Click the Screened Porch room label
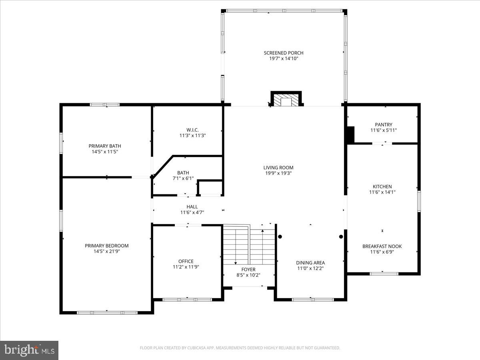[284, 53]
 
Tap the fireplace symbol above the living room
[286, 100]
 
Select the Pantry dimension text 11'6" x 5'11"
[384, 130]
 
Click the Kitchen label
[382, 186]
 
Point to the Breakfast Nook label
[382, 246]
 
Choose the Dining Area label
[310, 263]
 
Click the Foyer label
[248, 270]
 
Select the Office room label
[186, 261]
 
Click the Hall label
[192, 207]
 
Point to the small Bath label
[183, 173]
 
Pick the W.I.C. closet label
[192, 130]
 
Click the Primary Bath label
[105, 146]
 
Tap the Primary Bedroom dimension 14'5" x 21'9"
[106, 251]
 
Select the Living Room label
[278, 168]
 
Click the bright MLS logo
[29, 350]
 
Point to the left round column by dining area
[280, 236]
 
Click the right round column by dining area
[341, 236]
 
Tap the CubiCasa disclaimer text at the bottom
[240, 348]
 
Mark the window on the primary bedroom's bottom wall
[107, 312]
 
